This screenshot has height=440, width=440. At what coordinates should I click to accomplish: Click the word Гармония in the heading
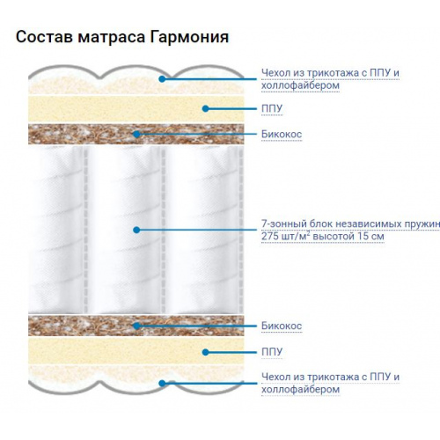coord(189,37)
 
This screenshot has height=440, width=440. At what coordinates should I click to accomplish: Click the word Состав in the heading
coord(44,37)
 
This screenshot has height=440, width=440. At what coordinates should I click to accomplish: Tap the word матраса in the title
coord(111,38)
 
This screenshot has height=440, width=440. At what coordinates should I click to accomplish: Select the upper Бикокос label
coord(282,135)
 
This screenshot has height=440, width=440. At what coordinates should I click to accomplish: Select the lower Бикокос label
coord(282,326)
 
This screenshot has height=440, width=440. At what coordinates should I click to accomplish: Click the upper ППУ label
coord(272,108)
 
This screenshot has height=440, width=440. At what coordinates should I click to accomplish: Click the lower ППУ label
coord(272,352)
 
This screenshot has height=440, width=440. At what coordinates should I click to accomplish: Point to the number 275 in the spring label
coord(269,236)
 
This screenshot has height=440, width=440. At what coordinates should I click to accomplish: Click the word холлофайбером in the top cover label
coord(300,85)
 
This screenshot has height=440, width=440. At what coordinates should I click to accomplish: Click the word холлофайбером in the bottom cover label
coord(300,390)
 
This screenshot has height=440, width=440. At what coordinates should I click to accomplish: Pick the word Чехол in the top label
coord(275,73)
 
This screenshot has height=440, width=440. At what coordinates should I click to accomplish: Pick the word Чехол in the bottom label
coord(275,377)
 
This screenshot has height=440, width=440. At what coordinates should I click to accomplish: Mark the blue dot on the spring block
coord(136,230)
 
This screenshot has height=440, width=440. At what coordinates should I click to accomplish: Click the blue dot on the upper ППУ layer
coord(206,108)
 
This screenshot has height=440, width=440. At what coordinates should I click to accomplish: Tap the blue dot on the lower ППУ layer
coord(206,352)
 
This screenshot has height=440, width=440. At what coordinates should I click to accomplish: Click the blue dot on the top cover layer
coord(162,78)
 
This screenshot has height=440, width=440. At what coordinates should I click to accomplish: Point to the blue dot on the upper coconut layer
coord(136,135)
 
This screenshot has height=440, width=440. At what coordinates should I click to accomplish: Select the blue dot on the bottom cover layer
coord(162,383)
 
